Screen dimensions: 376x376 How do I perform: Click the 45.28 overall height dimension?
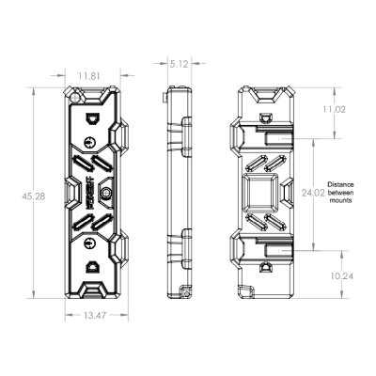click(x=34, y=196)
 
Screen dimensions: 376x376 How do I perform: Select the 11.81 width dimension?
click(x=89, y=76)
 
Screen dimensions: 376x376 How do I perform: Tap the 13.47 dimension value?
click(x=95, y=316)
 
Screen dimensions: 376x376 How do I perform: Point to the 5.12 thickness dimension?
click(x=180, y=64)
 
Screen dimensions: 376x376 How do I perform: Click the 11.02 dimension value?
click(x=334, y=109)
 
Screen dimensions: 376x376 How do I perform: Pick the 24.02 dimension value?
click(x=313, y=193)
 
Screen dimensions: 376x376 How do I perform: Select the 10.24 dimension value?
click(x=342, y=276)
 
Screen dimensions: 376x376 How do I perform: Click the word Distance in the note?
click(x=340, y=184)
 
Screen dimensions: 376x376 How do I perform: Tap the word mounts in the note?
click(x=340, y=200)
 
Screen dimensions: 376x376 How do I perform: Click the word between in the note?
click(x=340, y=193)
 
